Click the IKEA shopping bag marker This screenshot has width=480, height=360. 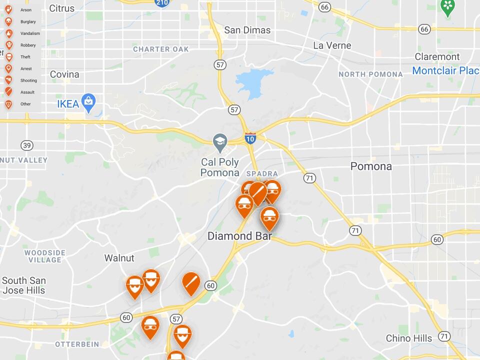88,102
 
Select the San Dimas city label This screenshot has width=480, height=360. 247,30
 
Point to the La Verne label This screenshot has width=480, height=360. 332,45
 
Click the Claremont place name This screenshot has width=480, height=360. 437,56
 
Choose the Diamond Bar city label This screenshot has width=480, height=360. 239,236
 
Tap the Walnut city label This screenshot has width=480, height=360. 119,258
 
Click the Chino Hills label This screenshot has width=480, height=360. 408,338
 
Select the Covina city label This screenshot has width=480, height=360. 64,74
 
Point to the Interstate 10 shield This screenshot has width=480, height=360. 250,138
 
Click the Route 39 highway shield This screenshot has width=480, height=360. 27,145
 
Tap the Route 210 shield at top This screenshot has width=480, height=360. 162,2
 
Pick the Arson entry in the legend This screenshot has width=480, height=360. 25,10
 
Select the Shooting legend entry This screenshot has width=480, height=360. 28,80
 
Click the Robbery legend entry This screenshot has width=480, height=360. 27,45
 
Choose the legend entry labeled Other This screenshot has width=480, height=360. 25,104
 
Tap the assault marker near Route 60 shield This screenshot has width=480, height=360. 191,283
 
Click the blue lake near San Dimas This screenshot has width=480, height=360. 254,82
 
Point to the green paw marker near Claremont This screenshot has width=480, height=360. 447,7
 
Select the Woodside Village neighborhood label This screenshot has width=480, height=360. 44,256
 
